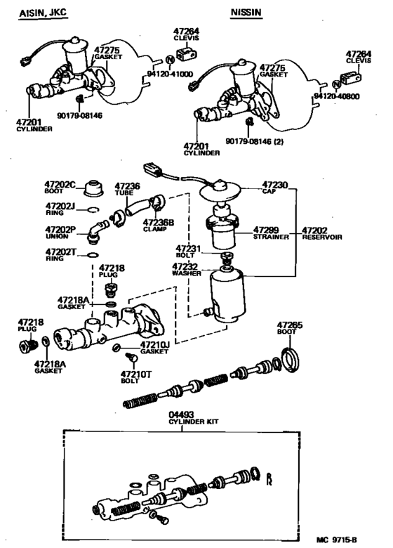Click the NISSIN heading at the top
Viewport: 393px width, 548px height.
pos(246,12)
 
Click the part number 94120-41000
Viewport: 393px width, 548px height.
pos(170,74)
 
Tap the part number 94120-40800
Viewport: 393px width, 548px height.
pos(336,96)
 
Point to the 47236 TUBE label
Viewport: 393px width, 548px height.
pos(127,189)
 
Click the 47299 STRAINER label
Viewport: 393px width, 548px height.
pos(271,233)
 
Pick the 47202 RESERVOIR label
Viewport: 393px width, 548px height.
pos(322,233)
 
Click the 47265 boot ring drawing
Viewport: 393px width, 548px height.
pos(291,360)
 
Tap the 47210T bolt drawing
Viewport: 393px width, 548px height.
pos(131,358)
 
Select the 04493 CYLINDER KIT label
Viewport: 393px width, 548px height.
pos(194,418)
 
